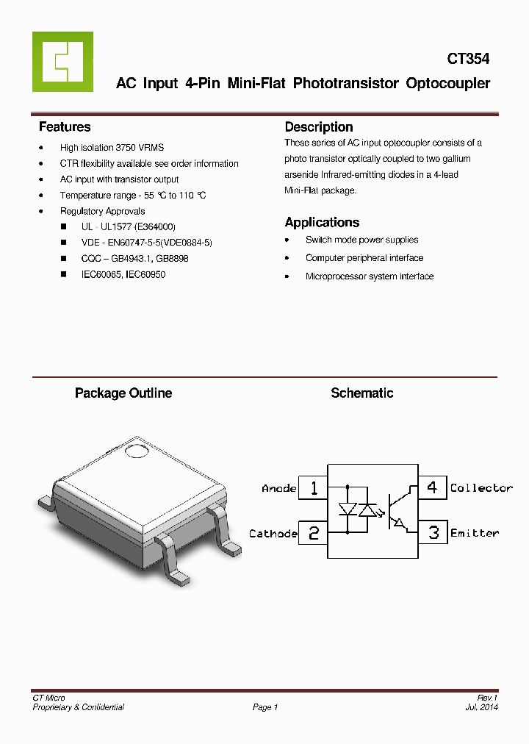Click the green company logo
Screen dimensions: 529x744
coord(62,62)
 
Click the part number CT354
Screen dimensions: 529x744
coord(468,59)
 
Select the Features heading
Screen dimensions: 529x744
coord(65,126)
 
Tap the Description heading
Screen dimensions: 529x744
coord(319,126)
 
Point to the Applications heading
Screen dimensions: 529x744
coord(322,222)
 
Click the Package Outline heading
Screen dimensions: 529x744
coord(123,393)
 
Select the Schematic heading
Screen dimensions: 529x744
coord(361,393)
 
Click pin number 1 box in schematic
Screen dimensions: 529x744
coord(314,488)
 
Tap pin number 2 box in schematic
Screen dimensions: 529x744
coord(314,533)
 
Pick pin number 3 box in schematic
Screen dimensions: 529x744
coord(433,532)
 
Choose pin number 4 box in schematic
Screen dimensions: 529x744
coord(433,487)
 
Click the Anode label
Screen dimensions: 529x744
coord(279,488)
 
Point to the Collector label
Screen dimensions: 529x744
coord(481,488)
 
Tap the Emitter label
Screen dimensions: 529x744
coord(475,533)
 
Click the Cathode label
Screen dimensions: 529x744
coord(273,534)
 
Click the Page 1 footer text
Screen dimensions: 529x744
coord(265,707)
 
